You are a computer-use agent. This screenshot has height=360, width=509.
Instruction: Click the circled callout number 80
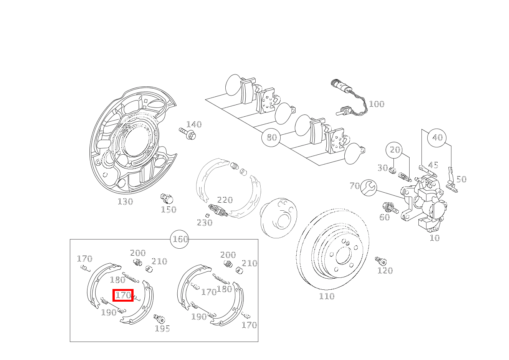pyautogui.click(x=271, y=137)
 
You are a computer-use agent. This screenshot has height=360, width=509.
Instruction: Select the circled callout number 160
pyautogui.click(x=180, y=239)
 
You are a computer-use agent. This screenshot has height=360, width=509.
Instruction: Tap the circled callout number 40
pyautogui.click(x=437, y=137)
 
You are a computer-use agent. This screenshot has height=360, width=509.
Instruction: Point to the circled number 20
pyautogui.click(x=395, y=150)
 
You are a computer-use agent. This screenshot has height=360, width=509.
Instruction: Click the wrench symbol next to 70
pyautogui.click(x=369, y=187)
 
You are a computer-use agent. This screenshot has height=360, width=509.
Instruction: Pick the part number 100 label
pyautogui.click(x=376, y=104)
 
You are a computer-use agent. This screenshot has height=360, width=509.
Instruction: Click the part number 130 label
pyautogui.click(x=125, y=201)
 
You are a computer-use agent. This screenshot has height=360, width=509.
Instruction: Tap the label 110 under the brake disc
pyautogui.click(x=327, y=296)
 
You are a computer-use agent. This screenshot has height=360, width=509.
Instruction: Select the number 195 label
pyautogui.click(x=162, y=329)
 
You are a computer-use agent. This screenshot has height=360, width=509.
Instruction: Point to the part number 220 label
pyautogui.click(x=225, y=200)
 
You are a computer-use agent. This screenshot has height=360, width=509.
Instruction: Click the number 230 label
pyautogui.click(x=205, y=223)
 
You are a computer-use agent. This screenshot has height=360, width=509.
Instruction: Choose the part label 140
pyautogui.click(x=194, y=124)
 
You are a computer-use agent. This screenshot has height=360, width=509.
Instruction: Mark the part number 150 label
pyautogui.click(x=169, y=210)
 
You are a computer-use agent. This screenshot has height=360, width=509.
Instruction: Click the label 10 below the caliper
pyautogui.click(x=435, y=238)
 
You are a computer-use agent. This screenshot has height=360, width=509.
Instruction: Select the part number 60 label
pyautogui.click(x=384, y=217)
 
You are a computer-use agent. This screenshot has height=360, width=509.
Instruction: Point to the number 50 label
pyautogui.click(x=461, y=179)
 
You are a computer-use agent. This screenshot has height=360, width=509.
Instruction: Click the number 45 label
pyautogui.click(x=433, y=165)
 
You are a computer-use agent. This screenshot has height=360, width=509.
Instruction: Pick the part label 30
pyautogui.click(x=382, y=168)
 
